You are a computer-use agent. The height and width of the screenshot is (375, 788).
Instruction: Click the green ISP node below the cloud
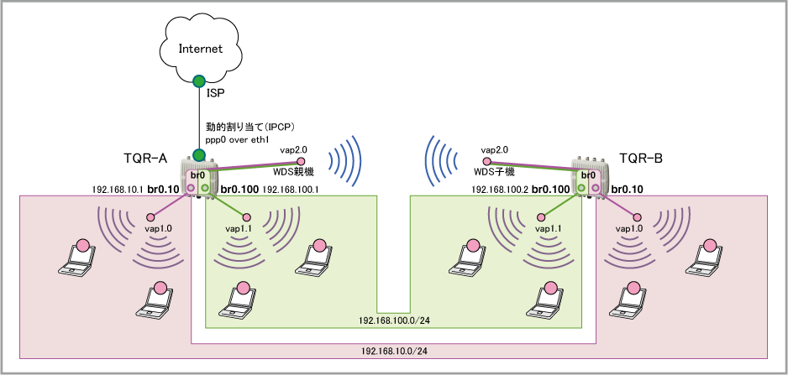tap(199, 81)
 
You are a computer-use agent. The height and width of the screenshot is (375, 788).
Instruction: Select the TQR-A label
tap(148, 158)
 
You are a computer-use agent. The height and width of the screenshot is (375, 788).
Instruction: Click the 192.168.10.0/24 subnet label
tap(392, 352)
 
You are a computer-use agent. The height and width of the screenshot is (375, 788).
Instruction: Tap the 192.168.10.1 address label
tap(117, 190)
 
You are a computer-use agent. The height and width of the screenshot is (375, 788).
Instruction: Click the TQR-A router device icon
tap(198, 177)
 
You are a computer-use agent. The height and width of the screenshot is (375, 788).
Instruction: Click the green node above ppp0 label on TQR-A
tap(199, 155)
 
